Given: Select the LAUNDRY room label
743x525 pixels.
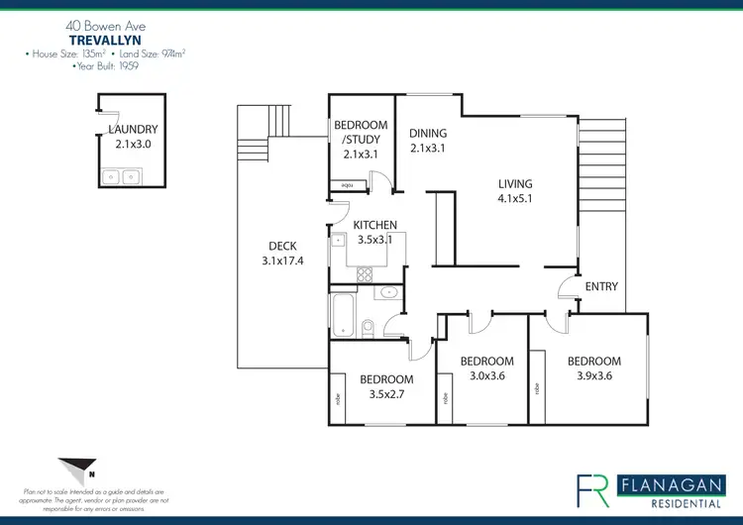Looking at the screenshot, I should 133,130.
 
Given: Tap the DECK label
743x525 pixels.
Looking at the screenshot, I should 282,247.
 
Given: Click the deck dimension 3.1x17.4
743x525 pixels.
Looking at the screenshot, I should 282,262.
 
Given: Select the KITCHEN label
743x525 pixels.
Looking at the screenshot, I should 375,225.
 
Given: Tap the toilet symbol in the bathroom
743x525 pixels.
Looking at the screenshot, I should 368,326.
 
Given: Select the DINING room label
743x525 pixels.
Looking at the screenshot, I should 429,134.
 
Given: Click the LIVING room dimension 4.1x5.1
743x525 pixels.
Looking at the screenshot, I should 515,198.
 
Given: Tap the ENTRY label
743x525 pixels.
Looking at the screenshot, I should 601,286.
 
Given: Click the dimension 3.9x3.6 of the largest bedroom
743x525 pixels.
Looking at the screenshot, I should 594,376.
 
